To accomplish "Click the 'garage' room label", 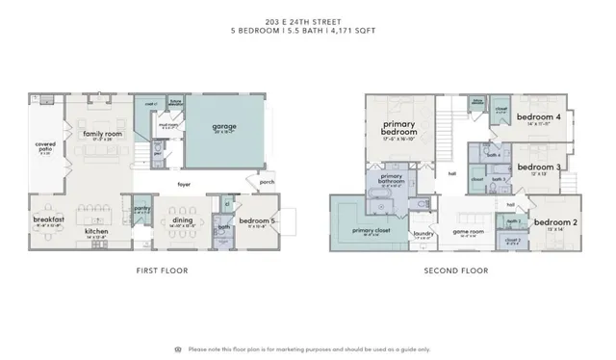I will (x=223, y=126).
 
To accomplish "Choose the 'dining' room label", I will (x=182, y=219).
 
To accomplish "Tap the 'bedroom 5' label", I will (x=257, y=220).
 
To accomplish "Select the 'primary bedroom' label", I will (x=398, y=129).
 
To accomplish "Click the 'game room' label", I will (x=468, y=231).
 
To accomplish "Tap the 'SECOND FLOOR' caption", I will (x=456, y=270).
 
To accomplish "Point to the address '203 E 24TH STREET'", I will (x=307, y=20).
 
